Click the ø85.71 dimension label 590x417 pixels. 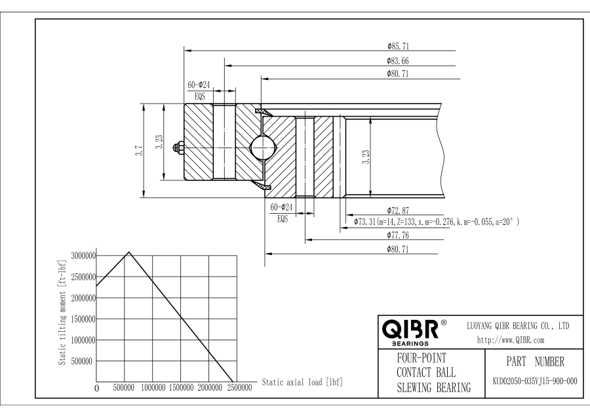pyautogui.click(x=399, y=47)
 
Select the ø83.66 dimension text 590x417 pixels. pyautogui.click(x=399, y=60)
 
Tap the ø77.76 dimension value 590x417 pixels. pyautogui.click(x=399, y=234)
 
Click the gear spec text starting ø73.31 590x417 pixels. pyautogui.click(x=437, y=222)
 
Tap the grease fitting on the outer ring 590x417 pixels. pyautogui.click(x=178, y=148)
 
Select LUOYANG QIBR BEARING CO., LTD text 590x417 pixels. pyautogui.click(x=517, y=325)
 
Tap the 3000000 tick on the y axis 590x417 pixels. pyautogui.click(x=82, y=255)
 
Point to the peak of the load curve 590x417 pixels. pyautogui.click(x=129, y=252)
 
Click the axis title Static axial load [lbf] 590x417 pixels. pyautogui.click(x=302, y=382)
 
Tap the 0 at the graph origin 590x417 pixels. pyautogui.click(x=97, y=389)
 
